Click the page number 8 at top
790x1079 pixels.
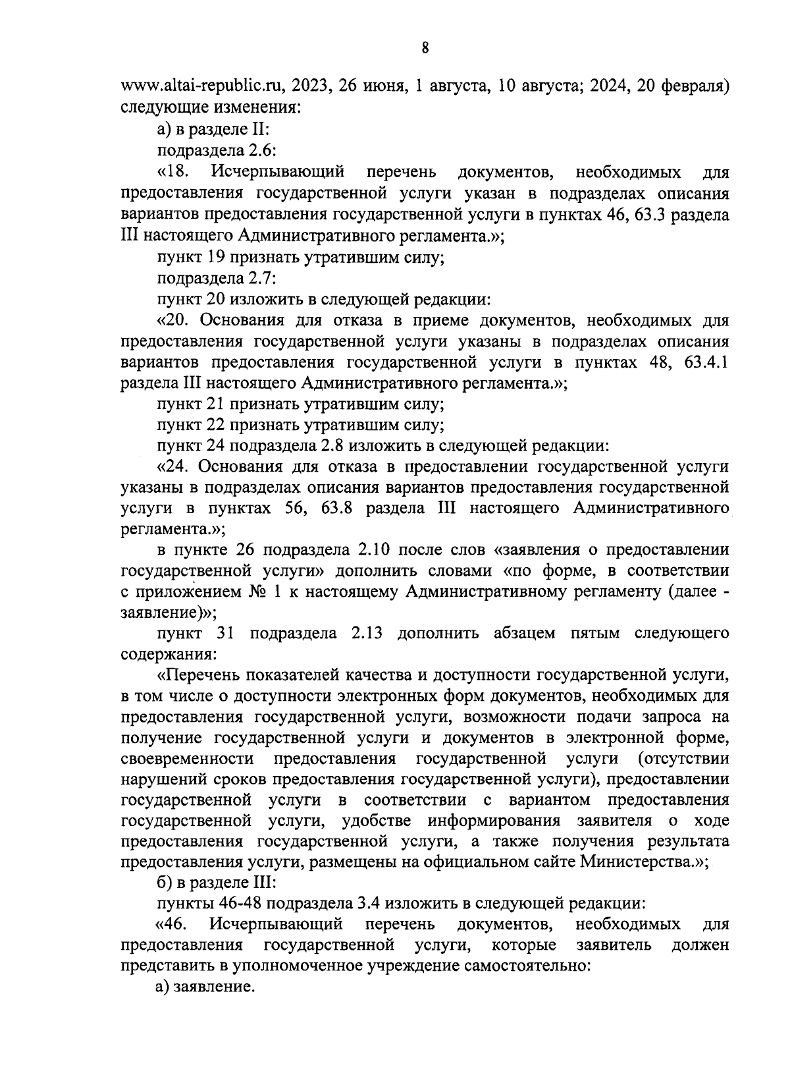[425, 47]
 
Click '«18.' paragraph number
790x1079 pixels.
[173, 173]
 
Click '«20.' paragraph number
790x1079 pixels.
[174, 321]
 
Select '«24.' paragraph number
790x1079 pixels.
[174, 467]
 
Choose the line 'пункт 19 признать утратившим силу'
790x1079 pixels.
[300, 258]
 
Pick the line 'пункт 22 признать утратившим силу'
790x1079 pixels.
[300, 425]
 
